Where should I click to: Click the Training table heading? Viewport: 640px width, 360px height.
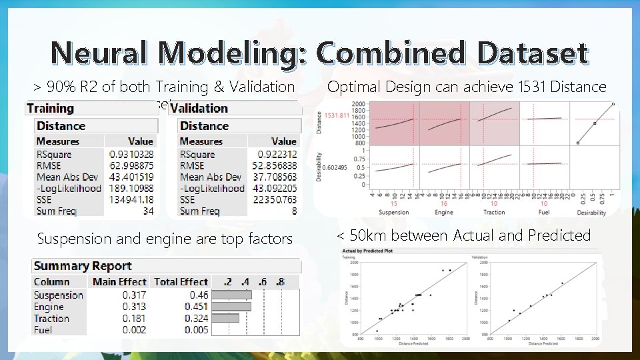51,108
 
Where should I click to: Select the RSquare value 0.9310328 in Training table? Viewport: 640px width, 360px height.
131,154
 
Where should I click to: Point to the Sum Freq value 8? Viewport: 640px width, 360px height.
293,211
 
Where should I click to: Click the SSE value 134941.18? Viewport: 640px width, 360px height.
131,200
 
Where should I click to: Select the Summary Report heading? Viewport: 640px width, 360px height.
83,265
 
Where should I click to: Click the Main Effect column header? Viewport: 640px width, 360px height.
119,281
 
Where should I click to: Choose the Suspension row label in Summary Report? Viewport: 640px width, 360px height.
59,295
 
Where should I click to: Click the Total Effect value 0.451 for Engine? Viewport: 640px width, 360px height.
196,307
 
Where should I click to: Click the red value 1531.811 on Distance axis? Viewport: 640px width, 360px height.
337,115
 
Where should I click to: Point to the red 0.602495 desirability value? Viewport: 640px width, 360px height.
336,167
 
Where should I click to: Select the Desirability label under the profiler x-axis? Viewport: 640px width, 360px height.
591,213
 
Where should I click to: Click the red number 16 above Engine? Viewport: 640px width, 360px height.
444,203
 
